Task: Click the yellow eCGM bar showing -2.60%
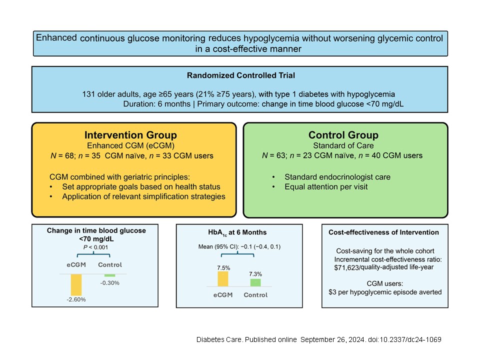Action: [x=76, y=284]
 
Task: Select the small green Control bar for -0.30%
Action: [x=110, y=275]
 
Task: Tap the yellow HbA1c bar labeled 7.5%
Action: [x=223, y=279]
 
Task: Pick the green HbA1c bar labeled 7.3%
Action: [x=255, y=283]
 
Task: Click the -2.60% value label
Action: [x=76, y=299]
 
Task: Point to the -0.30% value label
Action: [x=110, y=283]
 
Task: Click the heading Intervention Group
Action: [x=130, y=135]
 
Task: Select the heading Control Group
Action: [x=343, y=135]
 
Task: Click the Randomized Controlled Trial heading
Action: [x=241, y=75]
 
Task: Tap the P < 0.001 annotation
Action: [x=95, y=247]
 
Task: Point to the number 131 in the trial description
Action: [x=88, y=94]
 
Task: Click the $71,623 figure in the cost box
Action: [x=346, y=267]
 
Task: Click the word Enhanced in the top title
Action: [x=56, y=37]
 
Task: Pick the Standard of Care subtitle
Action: [x=343, y=145]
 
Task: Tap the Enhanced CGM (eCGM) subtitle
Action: [x=130, y=145]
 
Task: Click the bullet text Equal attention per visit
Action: [x=326, y=186]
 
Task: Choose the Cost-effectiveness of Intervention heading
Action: [x=383, y=232]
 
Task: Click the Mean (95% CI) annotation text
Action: [x=217, y=246]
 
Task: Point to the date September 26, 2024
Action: [x=332, y=339]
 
